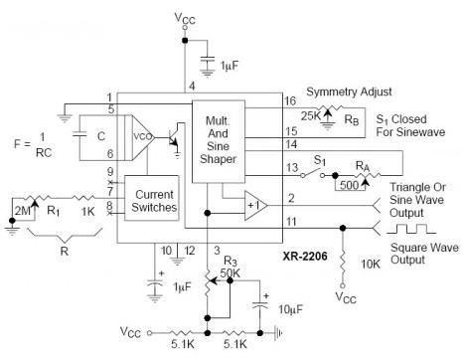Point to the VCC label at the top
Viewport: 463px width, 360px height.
184,19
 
